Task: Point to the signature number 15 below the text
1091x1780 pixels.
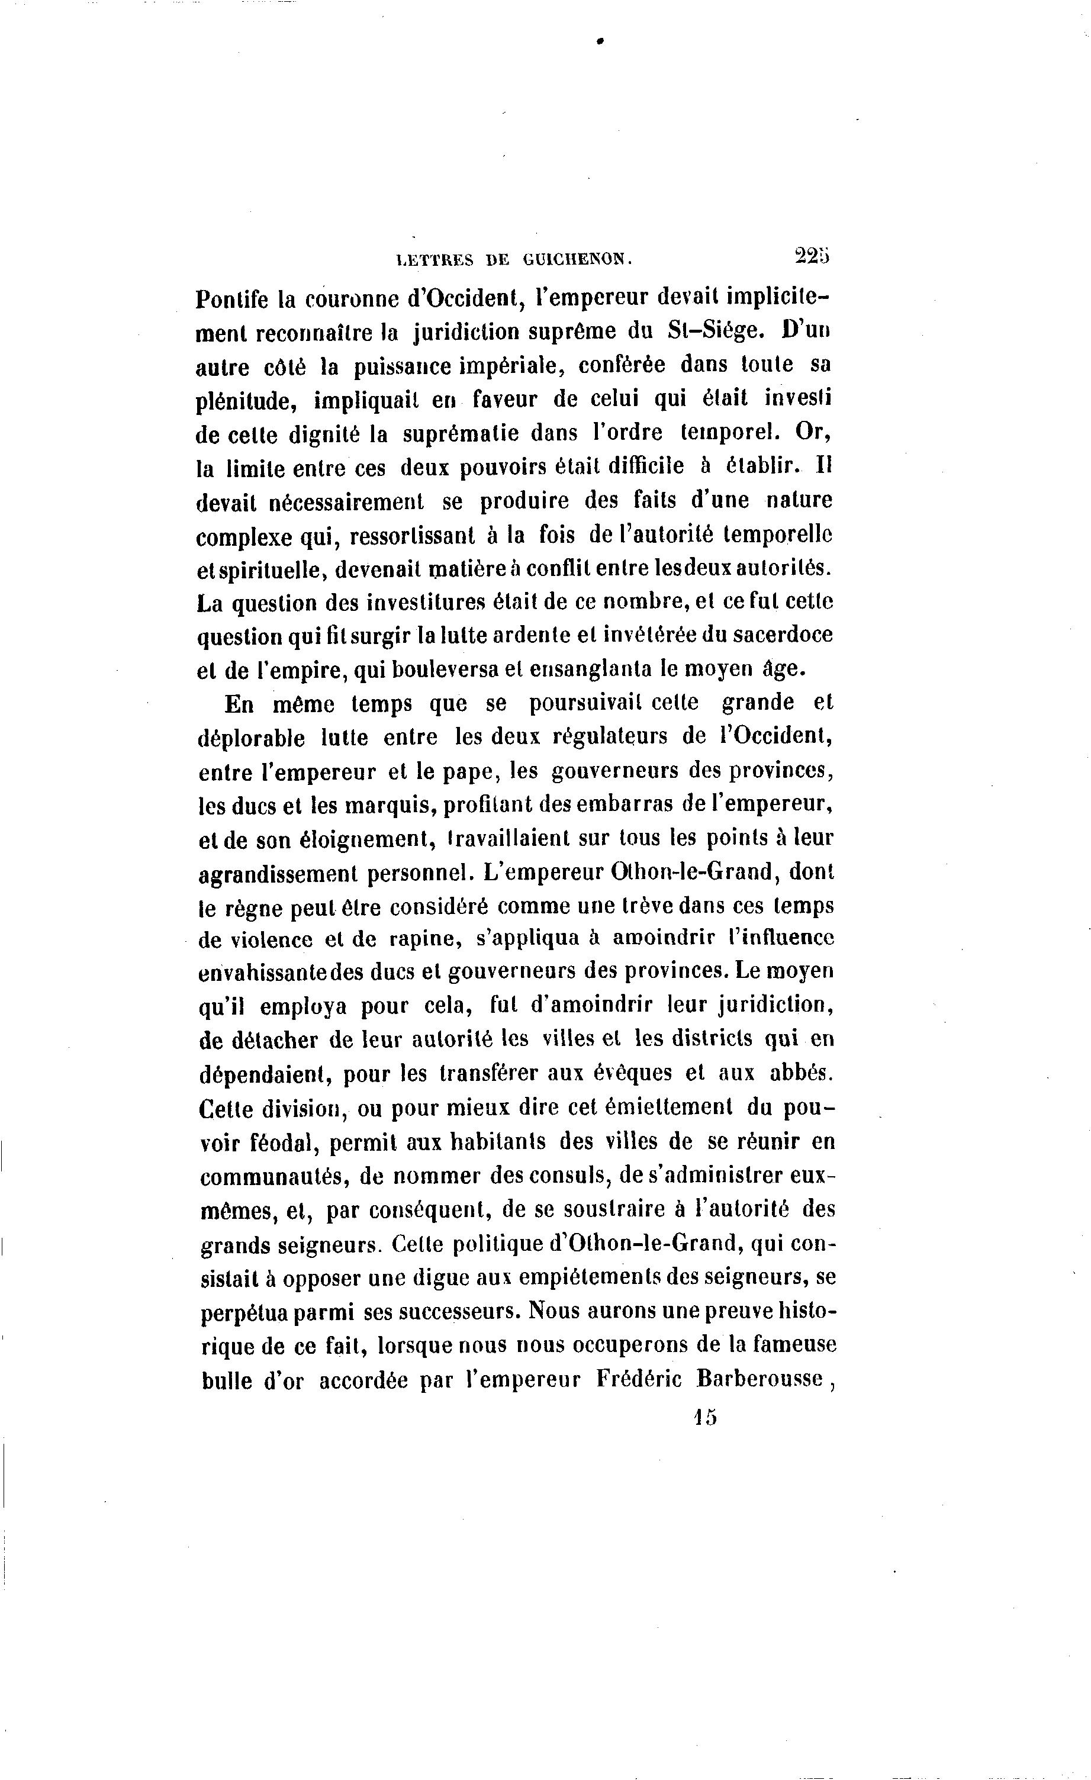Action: click(704, 1417)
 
